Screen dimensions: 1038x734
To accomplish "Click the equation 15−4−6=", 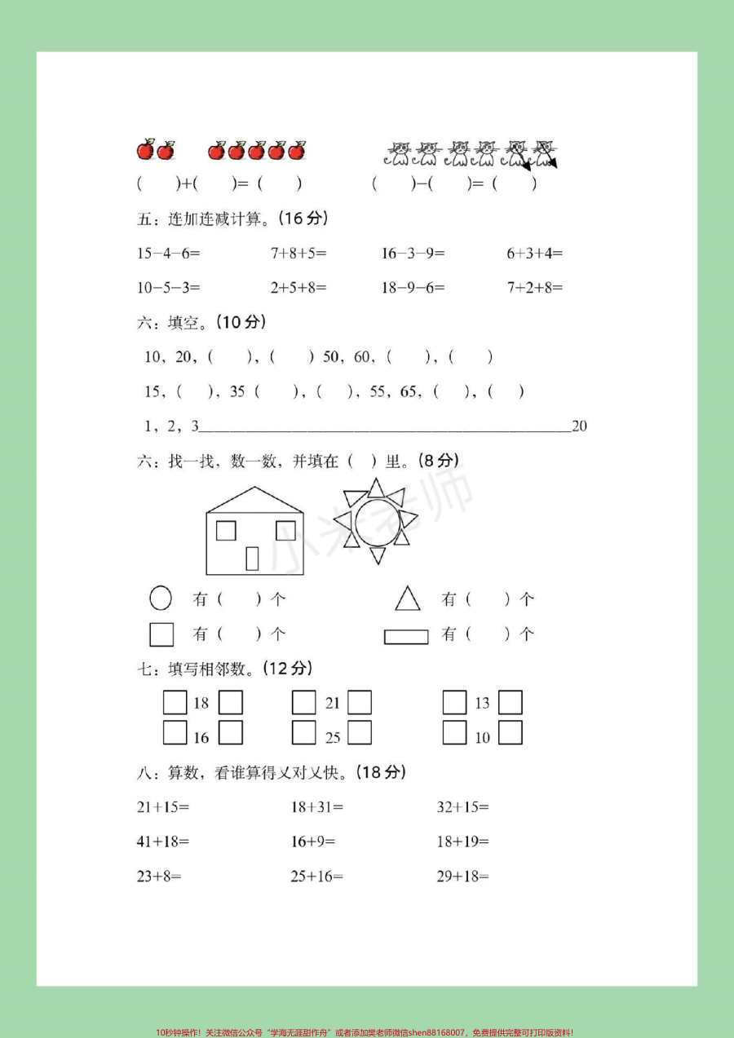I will pos(168,254).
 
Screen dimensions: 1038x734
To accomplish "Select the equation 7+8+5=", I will pos(298,254).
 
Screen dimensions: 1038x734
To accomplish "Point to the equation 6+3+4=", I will pos(535,254).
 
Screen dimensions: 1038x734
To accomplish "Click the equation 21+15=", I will pos(163,807).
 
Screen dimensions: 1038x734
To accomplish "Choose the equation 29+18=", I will pos(462,877).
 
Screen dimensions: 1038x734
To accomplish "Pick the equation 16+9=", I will pos(312,841).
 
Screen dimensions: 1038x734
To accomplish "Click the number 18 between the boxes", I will pos(201,703).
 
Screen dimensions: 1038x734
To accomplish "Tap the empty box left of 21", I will pos(304,702).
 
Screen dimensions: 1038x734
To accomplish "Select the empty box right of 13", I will pos(511,702).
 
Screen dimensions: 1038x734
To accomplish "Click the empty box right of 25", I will pos(360,732).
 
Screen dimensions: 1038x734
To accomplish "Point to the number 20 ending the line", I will pos(580,426).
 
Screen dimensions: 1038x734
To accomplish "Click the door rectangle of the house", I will pos(252,558).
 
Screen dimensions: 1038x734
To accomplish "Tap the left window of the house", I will pos(226,530).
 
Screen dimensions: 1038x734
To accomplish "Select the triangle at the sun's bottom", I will pos(378,555).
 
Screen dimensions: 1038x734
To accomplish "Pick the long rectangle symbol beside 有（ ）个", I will pos(406,636).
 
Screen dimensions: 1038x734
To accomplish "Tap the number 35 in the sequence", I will pos(237,391).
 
